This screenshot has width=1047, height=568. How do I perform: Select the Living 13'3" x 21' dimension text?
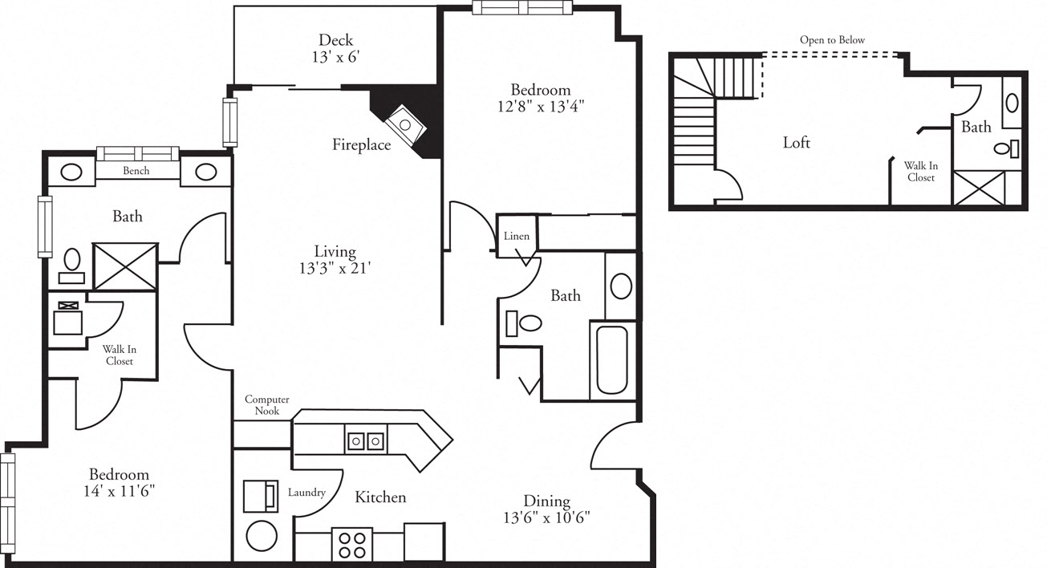pyautogui.click(x=335, y=260)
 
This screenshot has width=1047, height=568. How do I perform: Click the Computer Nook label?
pyautogui.click(x=266, y=405)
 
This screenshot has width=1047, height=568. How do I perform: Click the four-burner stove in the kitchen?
pyautogui.click(x=352, y=544)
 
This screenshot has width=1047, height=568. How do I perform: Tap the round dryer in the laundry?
pyautogui.click(x=261, y=534)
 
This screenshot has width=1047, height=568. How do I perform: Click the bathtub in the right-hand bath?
pyautogui.click(x=613, y=360)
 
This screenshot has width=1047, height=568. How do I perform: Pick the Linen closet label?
pyautogui.click(x=516, y=237)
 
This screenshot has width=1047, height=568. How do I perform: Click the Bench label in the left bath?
pyautogui.click(x=136, y=171)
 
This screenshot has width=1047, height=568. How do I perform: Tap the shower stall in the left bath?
pyautogui.click(x=125, y=266)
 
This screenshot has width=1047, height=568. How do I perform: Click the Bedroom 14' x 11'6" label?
pyautogui.click(x=119, y=482)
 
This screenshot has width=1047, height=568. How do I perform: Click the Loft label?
pyautogui.click(x=796, y=143)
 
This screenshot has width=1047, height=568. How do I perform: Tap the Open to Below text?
pyautogui.click(x=832, y=40)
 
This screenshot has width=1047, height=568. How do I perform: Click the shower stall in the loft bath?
pyautogui.click(x=978, y=188)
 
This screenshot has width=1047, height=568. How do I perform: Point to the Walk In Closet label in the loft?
pyautogui.click(x=921, y=172)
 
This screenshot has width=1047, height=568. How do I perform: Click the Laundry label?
pyautogui.click(x=306, y=493)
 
